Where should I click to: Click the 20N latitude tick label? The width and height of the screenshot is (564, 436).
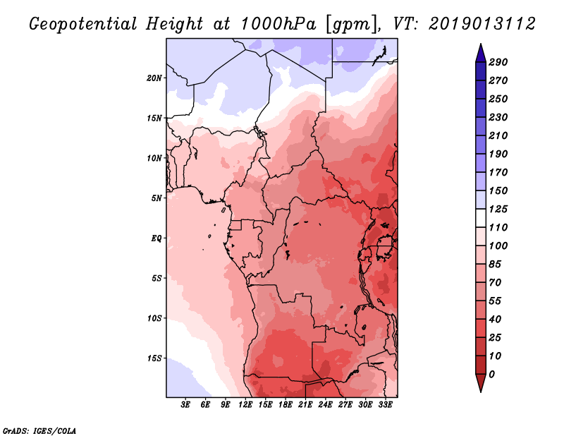[x=154, y=78]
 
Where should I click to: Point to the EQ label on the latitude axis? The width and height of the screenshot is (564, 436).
[x=157, y=238]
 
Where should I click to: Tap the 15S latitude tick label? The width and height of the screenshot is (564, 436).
[x=154, y=358]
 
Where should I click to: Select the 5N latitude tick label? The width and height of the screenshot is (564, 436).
[x=157, y=198]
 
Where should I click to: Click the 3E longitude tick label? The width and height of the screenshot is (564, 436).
[x=186, y=406]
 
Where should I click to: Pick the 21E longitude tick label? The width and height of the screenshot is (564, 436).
[x=305, y=406]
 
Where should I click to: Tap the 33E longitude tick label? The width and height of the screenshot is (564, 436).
[x=385, y=406]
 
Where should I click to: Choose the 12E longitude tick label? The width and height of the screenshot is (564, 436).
[x=245, y=406]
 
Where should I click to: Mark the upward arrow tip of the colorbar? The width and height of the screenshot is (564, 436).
[x=480, y=47]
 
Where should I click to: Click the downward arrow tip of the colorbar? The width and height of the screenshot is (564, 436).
[x=480, y=389]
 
